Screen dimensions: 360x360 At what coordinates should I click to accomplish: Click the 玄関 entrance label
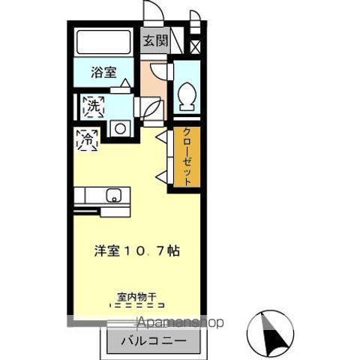[x=155, y=40]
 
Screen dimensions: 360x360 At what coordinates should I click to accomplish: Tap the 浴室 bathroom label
[x=103, y=72]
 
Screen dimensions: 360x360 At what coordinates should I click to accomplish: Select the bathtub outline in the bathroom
[x=103, y=42]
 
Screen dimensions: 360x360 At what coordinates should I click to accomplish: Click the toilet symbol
[x=187, y=97]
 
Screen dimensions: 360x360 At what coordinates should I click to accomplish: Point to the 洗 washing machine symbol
[x=94, y=106]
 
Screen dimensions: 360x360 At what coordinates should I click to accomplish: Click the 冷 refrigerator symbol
[x=87, y=140]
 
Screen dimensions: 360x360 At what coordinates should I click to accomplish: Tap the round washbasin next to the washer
[x=120, y=128]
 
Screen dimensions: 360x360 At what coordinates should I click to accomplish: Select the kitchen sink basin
[x=114, y=195]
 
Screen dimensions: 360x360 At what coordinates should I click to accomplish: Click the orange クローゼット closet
[x=187, y=157]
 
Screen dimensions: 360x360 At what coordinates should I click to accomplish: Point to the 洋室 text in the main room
[x=107, y=250]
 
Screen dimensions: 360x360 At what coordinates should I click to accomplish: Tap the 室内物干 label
[x=137, y=297]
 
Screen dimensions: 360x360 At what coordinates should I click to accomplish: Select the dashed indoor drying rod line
[x=137, y=305]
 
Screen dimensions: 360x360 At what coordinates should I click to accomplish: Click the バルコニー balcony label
[x=154, y=341]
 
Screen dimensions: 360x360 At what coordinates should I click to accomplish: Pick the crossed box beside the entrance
[x=195, y=46]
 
